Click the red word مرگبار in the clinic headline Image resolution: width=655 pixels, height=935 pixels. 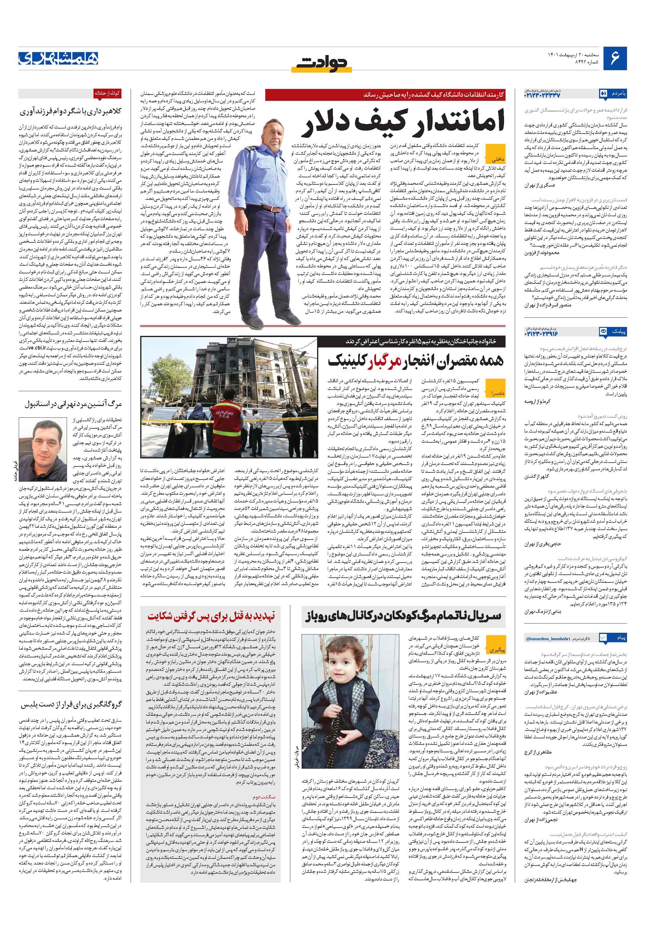coord(386,360)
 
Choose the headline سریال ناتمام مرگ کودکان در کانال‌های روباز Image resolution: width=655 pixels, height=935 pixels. coord(403,616)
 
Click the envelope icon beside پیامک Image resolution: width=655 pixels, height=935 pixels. coord(603,332)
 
